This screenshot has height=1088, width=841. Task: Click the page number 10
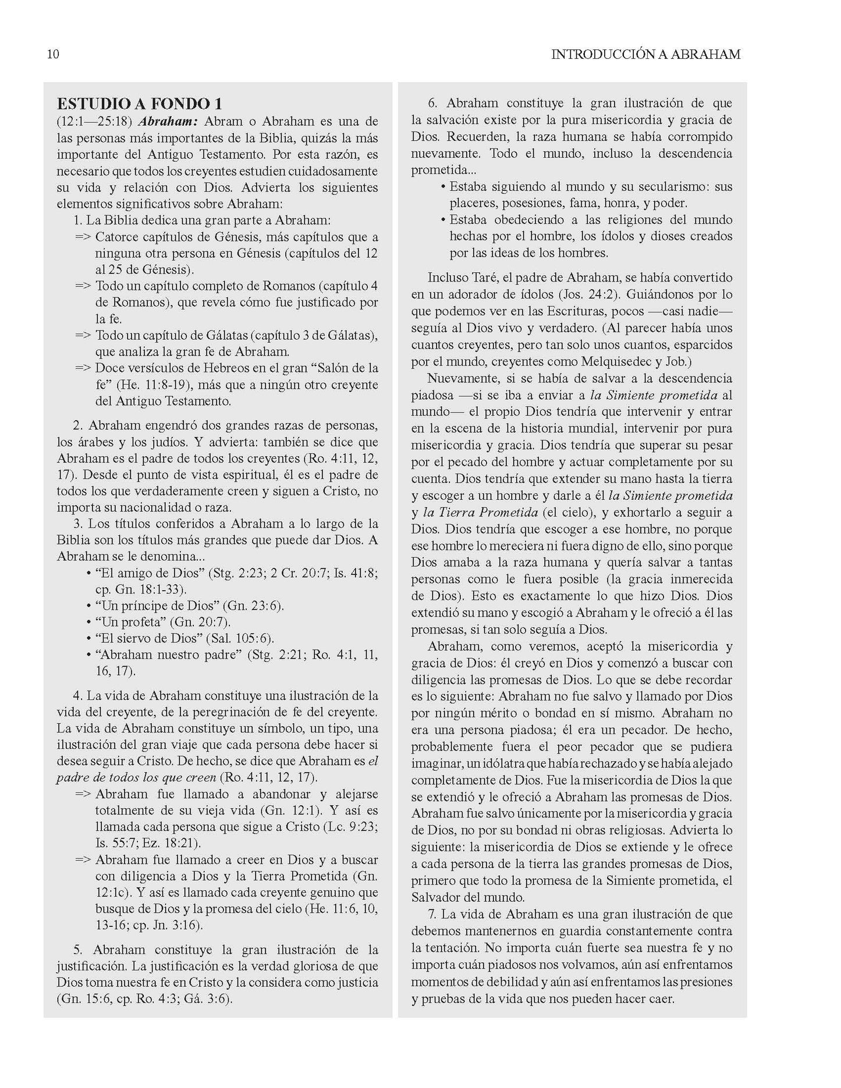(x=52, y=55)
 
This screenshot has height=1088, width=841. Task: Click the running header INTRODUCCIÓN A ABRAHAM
(x=645, y=55)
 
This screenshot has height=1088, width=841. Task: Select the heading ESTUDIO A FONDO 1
(x=139, y=104)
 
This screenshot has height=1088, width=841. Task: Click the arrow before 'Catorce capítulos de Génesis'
(x=83, y=237)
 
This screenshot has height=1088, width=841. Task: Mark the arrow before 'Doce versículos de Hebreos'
(x=83, y=368)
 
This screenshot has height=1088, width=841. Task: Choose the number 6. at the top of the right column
(x=433, y=104)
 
